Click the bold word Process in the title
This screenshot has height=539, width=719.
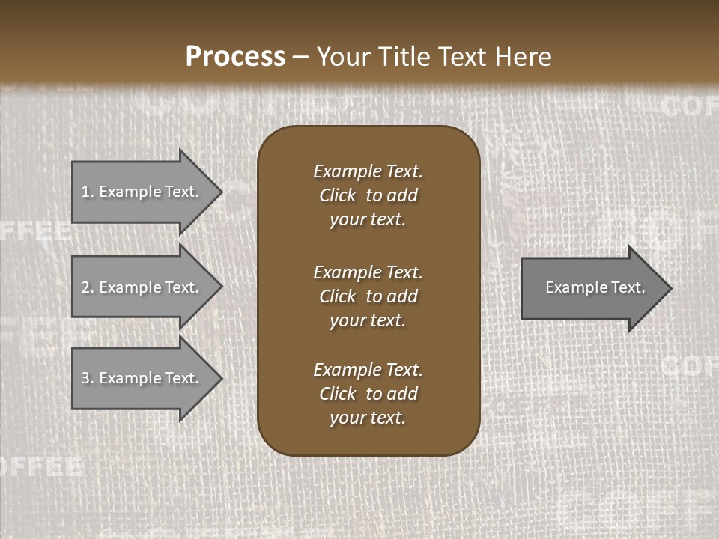(235, 57)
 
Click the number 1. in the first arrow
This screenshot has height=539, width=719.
(87, 192)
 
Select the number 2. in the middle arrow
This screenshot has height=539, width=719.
(87, 287)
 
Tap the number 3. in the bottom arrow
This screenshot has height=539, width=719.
(87, 378)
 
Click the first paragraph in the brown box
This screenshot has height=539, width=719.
(368, 195)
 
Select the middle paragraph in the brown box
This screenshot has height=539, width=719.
(368, 296)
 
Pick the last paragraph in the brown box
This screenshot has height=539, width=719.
(368, 394)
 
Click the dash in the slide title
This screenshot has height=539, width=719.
(300, 57)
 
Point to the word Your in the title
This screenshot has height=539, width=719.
(343, 57)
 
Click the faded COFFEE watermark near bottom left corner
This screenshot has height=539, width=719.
(41, 466)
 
